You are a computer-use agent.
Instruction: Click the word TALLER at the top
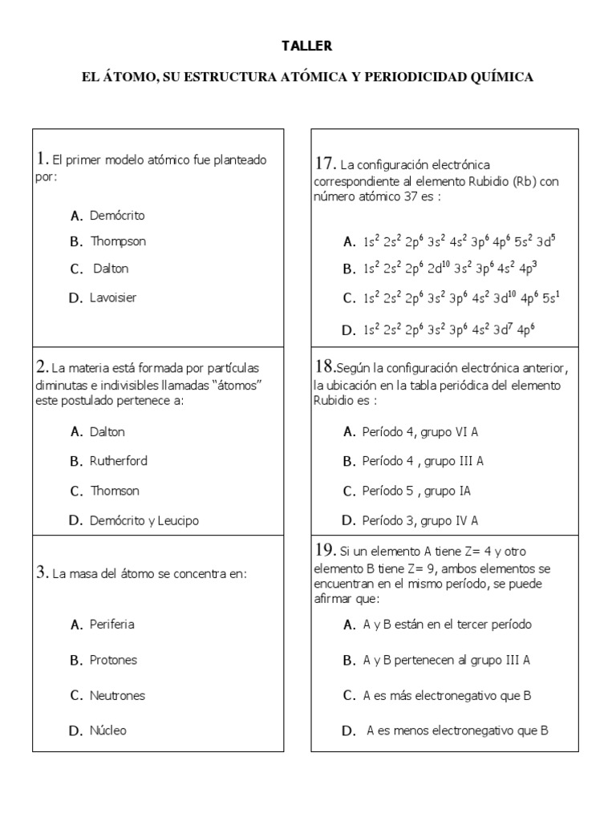[x=306, y=47]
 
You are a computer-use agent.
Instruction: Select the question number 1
[x=43, y=159]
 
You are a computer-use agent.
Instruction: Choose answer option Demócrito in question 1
[x=117, y=216]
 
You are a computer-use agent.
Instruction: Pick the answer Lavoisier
[x=113, y=297]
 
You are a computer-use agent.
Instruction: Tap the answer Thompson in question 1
[x=118, y=241]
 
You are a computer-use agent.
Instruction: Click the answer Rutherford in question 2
[x=119, y=461]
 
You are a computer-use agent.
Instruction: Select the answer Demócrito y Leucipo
[x=144, y=520]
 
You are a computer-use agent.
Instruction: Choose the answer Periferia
[x=112, y=624]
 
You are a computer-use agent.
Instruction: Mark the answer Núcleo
[x=108, y=730]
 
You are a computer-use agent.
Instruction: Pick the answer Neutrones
[x=117, y=696]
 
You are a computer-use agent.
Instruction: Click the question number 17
[x=325, y=164]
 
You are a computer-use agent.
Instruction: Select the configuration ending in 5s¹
[x=460, y=298]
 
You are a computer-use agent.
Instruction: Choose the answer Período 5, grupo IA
[x=416, y=491]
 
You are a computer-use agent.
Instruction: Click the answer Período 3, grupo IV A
[x=420, y=520]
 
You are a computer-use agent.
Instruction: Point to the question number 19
[x=325, y=550]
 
